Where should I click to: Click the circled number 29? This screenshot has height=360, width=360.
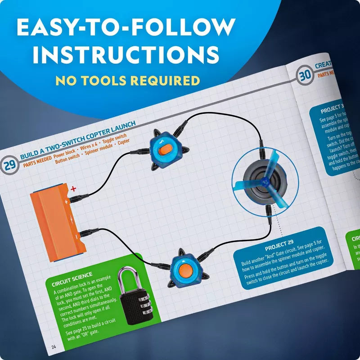(9, 165)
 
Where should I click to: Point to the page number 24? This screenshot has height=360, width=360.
(54, 346)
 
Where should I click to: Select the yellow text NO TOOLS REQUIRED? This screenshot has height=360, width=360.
(127, 81)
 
